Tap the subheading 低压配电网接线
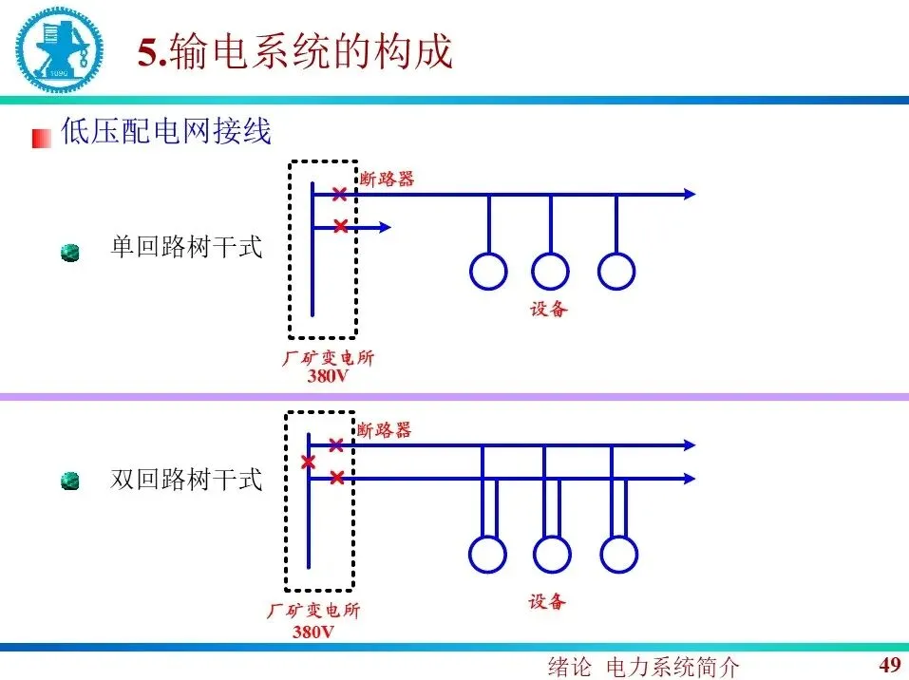click(166, 131)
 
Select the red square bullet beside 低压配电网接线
click(41, 138)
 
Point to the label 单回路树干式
click(186, 249)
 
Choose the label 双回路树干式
click(186, 480)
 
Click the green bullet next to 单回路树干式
click(69, 253)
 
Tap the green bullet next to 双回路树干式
click(69, 482)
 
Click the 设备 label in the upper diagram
click(549, 309)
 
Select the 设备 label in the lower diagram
click(547, 601)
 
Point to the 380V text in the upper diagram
click(328, 375)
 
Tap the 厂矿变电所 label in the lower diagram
click(313, 612)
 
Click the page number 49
click(890, 663)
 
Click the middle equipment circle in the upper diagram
click(550, 271)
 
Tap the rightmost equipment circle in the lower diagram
click(618, 554)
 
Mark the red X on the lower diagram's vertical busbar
click(308, 463)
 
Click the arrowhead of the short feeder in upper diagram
click(385, 227)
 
